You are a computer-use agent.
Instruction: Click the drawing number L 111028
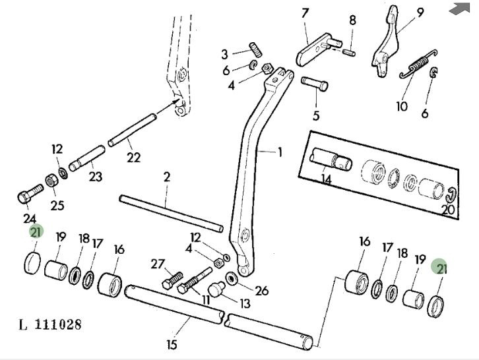point(50,325)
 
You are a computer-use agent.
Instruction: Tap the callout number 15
point(172,344)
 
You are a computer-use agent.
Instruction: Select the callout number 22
point(134,157)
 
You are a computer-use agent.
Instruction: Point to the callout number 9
point(420,12)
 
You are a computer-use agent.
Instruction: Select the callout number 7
point(305,13)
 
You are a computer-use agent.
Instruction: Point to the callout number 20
point(448,210)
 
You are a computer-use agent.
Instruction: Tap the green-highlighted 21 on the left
point(36,231)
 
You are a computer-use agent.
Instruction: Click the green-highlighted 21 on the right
point(441,267)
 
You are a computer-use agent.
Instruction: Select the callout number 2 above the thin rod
point(166,177)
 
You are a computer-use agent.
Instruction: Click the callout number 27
point(157,264)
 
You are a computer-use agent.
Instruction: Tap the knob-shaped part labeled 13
point(214,290)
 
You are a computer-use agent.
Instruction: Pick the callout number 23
point(96,177)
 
